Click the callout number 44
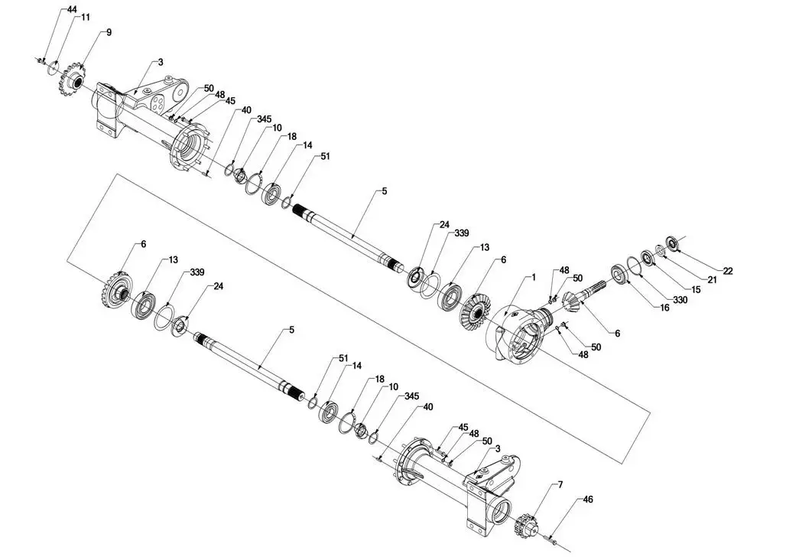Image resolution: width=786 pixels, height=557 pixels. (72, 10)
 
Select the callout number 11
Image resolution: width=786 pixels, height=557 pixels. (86, 18)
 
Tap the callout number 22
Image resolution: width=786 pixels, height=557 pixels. (728, 271)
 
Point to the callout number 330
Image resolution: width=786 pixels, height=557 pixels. (679, 300)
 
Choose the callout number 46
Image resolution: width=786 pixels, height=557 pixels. (588, 500)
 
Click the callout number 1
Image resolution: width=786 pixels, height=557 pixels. (534, 277)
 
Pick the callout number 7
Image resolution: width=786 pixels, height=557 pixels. (560, 484)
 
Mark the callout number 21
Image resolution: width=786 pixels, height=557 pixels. (712, 280)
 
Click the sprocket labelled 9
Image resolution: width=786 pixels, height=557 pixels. (74, 80)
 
